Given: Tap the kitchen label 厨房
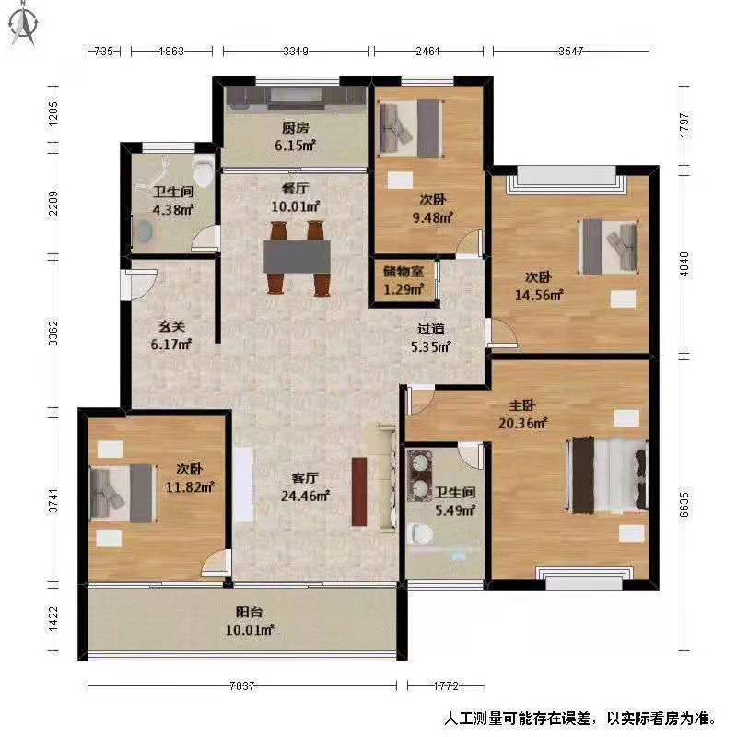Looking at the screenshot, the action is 295,127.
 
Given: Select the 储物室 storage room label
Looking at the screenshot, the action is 404,271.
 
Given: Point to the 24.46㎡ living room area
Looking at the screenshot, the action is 305,496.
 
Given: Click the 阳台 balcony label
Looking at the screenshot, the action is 249,612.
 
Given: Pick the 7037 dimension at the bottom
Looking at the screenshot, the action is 242,686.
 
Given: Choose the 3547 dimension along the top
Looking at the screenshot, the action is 570,51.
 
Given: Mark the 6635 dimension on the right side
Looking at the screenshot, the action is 684,505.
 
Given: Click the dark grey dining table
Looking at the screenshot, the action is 297,257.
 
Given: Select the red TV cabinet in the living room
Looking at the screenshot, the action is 359,492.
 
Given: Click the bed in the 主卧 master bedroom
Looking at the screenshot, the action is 608,475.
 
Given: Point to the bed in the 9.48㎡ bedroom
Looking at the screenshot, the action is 411,128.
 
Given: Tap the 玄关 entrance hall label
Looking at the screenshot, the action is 171,326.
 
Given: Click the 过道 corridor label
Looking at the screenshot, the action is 430,329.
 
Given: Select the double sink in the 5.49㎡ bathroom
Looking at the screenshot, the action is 419,475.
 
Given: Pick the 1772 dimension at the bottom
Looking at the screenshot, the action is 446,686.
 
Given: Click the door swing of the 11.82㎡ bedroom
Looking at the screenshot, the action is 216,563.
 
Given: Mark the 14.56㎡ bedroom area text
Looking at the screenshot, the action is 539,295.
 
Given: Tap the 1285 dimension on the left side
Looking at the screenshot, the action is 53,114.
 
